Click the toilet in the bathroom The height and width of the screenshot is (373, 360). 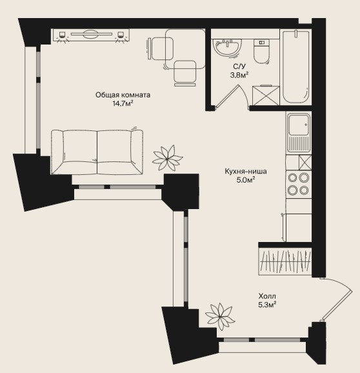coord(261,52)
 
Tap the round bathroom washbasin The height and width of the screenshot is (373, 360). coord(227,48)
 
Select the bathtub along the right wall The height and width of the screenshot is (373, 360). coord(296,67)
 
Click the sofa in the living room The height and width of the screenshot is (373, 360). coord(97,152)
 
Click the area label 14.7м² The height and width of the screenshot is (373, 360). coord(123,103)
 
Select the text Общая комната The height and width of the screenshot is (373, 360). coord(123,95)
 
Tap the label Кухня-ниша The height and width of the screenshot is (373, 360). coord(246,171)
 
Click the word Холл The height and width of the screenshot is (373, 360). coord(267,296)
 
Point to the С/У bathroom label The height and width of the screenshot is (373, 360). coord(239,66)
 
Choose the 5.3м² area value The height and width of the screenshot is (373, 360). coord(267,305)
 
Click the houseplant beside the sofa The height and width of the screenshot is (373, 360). coord(167,157)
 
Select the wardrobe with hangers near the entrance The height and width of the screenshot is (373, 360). coord(285,261)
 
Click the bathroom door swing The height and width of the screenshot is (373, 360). coord(232,97)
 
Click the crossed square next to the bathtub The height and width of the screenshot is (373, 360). coord(266,96)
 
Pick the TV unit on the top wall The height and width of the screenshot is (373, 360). coord(91,35)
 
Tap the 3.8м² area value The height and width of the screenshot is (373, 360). coord(239,75)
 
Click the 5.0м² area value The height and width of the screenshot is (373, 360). coord(246,180)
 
